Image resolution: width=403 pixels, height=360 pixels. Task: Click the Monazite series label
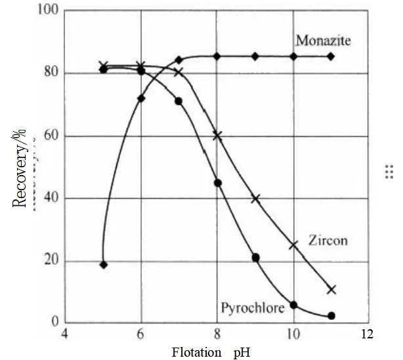[323, 41]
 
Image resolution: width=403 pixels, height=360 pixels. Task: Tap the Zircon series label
[328, 240]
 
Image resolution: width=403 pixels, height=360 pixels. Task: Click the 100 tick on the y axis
[47, 12]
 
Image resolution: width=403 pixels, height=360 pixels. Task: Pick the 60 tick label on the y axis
[50, 136]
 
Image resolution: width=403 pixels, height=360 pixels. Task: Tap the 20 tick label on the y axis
[50, 261]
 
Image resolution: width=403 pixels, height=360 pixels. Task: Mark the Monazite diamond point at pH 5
[103, 264]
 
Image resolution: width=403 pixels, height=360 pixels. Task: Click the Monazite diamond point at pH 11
[331, 56]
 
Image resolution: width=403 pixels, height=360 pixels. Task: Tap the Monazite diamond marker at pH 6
[140, 98]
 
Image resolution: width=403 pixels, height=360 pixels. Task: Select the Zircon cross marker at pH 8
[217, 136]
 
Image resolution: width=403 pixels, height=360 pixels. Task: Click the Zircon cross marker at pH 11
[331, 289]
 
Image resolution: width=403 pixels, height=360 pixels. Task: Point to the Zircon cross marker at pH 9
[255, 198]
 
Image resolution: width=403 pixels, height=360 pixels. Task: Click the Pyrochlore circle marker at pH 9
[255, 257]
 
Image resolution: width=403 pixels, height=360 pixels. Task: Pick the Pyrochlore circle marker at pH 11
[331, 315]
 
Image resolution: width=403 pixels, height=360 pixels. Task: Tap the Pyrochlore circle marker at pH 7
[179, 101]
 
